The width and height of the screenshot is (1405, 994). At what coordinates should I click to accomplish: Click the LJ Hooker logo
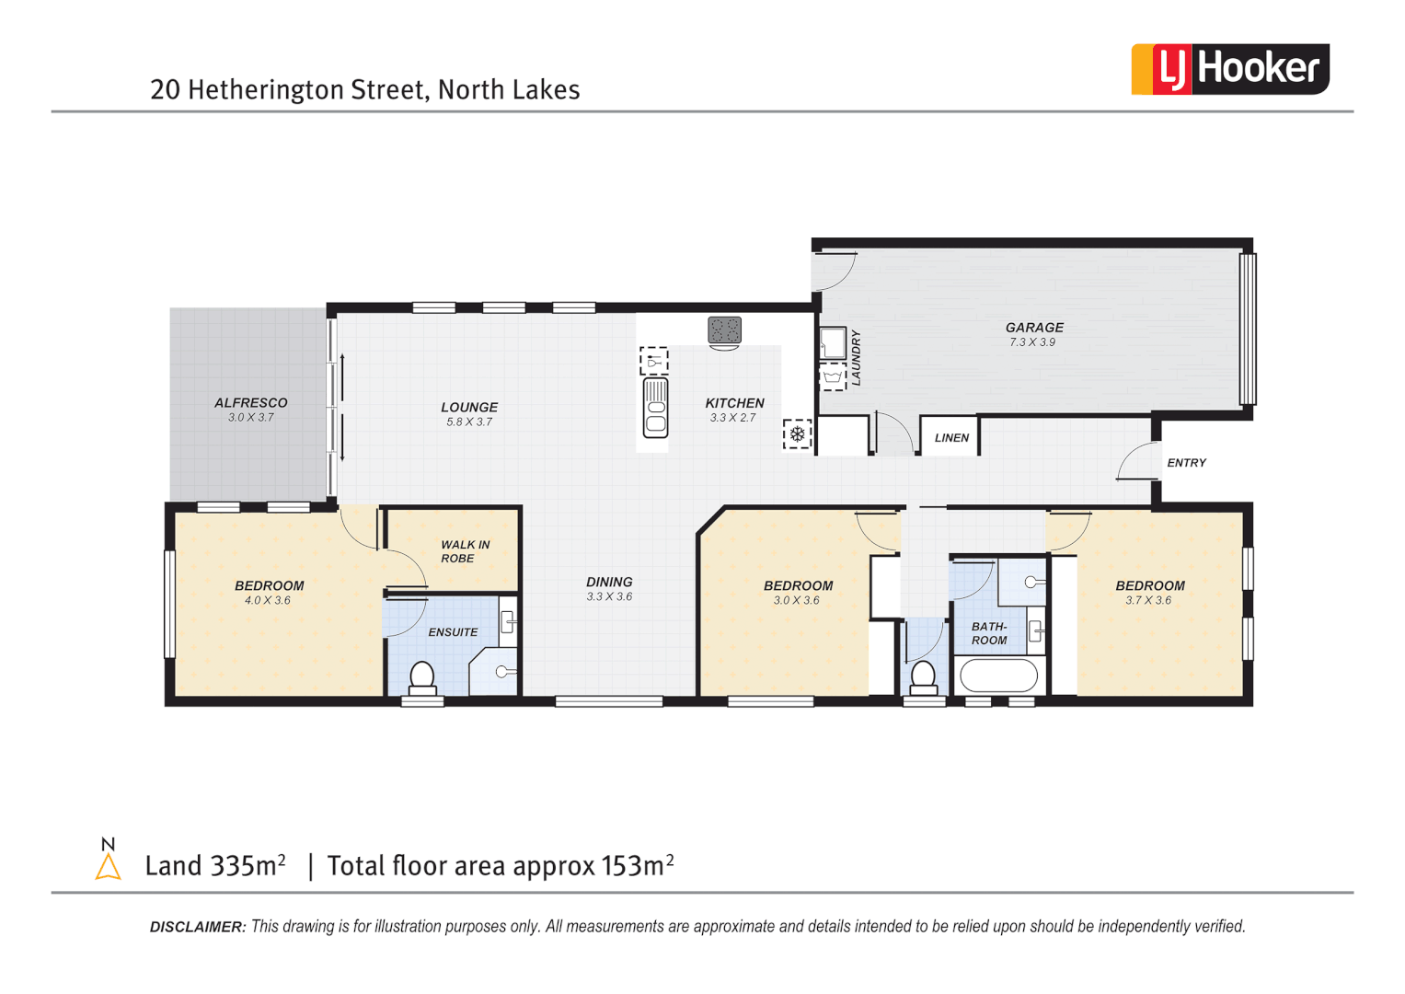[x=1229, y=69]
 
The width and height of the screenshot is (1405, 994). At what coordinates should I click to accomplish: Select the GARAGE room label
[x=1034, y=327]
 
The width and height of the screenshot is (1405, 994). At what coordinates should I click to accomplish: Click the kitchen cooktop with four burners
[x=724, y=329]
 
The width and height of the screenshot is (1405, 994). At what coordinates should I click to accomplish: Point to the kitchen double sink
[x=655, y=408]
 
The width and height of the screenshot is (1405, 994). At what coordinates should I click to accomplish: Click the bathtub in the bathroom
[x=998, y=676]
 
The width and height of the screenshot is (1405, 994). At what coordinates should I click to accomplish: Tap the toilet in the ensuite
[x=421, y=676]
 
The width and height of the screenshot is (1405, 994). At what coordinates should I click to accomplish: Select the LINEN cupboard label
[x=951, y=438]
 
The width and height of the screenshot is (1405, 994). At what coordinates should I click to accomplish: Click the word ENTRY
[x=1186, y=463]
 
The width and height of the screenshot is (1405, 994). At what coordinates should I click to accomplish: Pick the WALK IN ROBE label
[x=465, y=551]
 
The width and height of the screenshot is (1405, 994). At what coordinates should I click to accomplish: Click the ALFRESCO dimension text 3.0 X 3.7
[x=251, y=418]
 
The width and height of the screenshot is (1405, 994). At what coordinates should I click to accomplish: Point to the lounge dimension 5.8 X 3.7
[x=469, y=422]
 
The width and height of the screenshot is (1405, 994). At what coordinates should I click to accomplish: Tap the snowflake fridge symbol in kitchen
[x=797, y=434]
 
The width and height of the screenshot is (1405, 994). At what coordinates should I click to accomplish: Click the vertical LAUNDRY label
[x=856, y=358]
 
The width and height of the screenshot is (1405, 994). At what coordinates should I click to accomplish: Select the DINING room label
[x=609, y=582]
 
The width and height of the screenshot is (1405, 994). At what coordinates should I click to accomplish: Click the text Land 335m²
[x=215, y=866]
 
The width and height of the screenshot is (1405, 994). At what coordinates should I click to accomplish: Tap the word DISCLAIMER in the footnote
[x=198, y=927]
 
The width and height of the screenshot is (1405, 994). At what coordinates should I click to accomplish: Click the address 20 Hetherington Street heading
[x=365, y=89]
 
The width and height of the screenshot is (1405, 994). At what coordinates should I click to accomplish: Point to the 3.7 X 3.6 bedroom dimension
[x=1148, y=601]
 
